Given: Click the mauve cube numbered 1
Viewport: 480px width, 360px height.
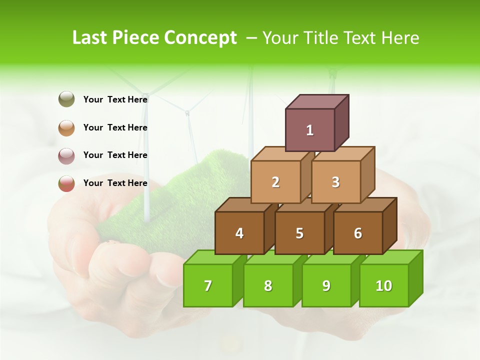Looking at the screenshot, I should (x=310, y=130).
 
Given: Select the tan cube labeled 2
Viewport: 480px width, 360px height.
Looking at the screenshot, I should (x=275, y=182).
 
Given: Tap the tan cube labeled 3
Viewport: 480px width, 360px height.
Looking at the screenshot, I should (x=335, y=182).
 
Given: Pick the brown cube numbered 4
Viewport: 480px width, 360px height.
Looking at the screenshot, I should (x=239, y=233).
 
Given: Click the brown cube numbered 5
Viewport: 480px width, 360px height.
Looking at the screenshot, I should (x=299, y=233).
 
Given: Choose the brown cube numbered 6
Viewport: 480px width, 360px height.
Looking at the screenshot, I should (x=357, y=233).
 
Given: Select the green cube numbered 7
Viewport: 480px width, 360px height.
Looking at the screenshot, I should (x=208, y=285).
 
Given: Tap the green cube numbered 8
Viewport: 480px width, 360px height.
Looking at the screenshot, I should (x=268, y=285).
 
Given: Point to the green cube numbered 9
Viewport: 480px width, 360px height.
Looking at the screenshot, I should (x=326, y=285).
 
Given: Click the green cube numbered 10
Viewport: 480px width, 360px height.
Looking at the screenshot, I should (x=383, y=285).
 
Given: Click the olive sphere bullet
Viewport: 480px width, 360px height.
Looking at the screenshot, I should (x=66, y=99).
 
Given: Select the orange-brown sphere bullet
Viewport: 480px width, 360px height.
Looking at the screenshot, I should (x=66, y=127).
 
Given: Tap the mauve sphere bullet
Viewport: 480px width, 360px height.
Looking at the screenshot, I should (x=66, y=155).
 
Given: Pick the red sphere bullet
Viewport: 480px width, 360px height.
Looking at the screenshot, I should (x=66, y=183).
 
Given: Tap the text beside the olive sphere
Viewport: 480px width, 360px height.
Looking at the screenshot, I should (x=115, y=99).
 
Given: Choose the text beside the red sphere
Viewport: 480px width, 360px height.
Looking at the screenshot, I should (x=115, y=183).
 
